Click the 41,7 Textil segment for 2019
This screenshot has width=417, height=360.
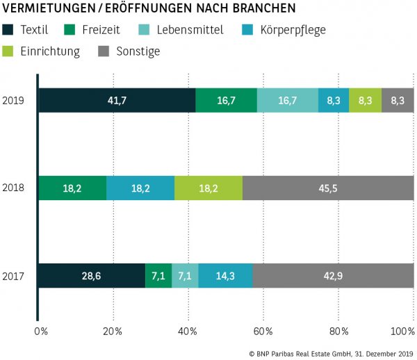tap(117, 100)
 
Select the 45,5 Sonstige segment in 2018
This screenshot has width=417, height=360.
tap(328, 188)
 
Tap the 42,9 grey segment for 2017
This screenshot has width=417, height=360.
tap(333, 276)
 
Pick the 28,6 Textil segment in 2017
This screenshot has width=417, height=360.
tap(92, 276)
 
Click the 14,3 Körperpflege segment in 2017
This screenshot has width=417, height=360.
tap(226, 276)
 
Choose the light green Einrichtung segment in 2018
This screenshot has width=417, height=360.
tap(208, 188)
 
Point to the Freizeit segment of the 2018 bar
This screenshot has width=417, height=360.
tap(72, 188)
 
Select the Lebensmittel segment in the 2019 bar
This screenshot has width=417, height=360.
tap(288, 100)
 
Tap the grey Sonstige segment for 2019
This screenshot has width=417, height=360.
tap(398, 100)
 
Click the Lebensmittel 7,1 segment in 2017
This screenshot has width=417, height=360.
tap(185, 276)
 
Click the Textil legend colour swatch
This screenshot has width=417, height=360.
tap(9, 30)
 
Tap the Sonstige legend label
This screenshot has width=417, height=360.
tap(139, 51)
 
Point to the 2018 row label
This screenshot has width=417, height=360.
tap(14, 188)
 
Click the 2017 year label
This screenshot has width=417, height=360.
tap(14, 276)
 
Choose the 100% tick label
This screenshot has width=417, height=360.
tap(402, 331)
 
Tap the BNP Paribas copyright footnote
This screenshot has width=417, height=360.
tap(331, 353)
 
